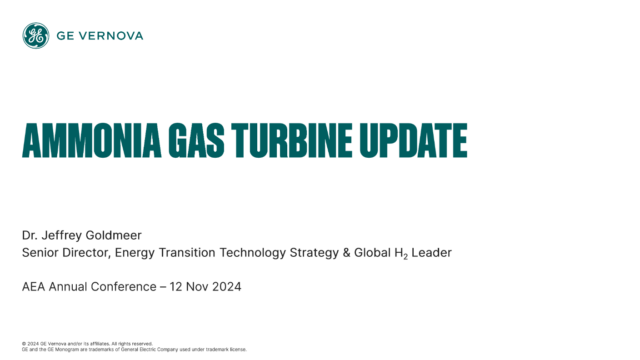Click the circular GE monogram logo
pyautogui.click(x=35, y=36)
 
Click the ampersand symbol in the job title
pyautogui.click(x=346, y=253)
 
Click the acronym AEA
pyautogui.click(x=35, y=288)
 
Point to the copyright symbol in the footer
pyautogui.click(x=24, y=343)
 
